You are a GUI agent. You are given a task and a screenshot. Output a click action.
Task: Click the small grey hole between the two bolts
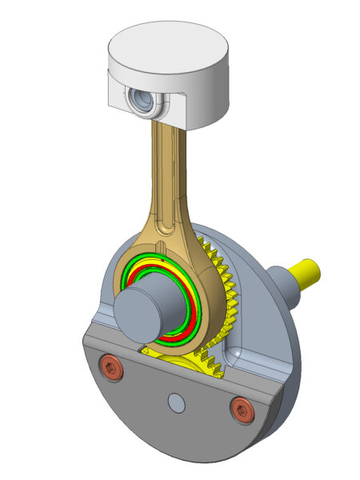(176, 403)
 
